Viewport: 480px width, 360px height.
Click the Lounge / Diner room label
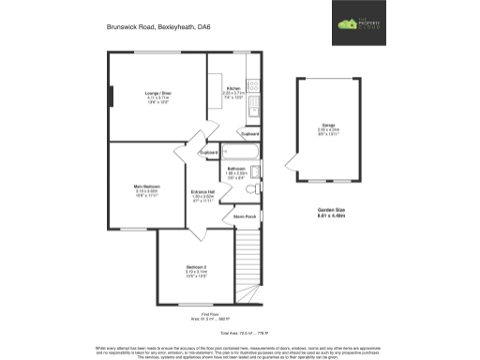157,94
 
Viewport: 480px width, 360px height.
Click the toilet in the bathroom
250,189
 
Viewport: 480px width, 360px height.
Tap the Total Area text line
239,334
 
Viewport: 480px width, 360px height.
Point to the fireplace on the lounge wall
111,97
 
